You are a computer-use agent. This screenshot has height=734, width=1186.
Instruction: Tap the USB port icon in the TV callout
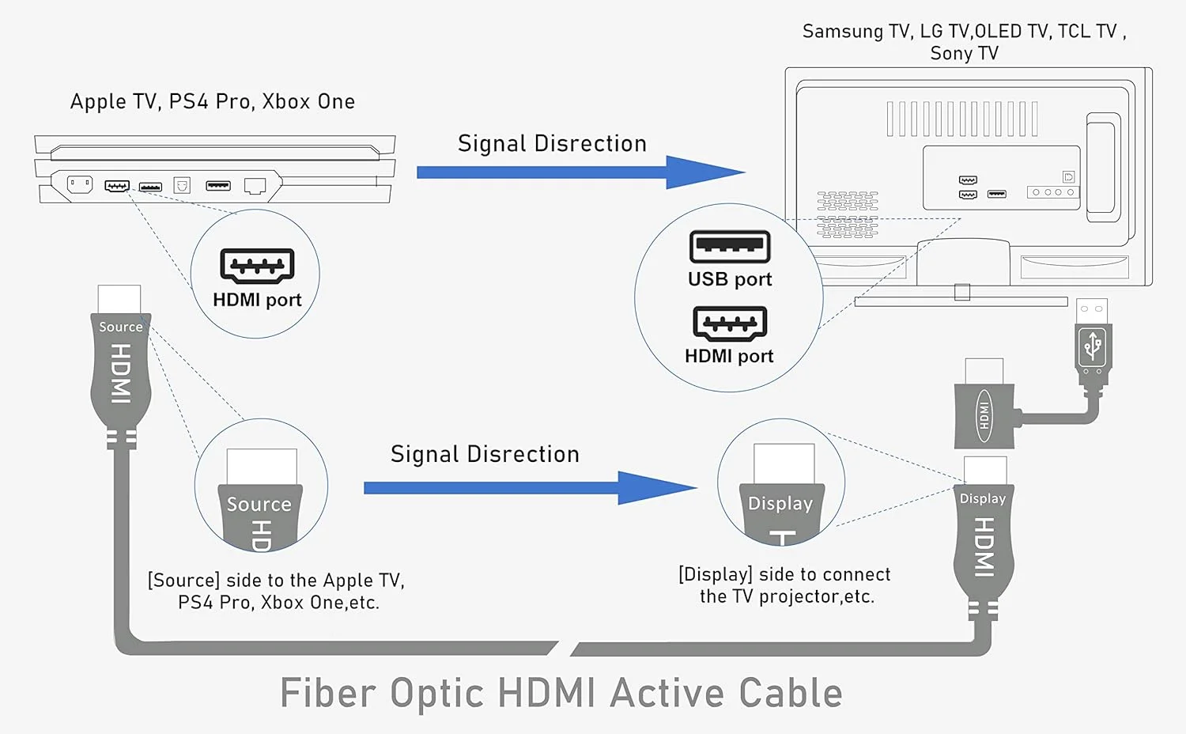pyautogui.click(x=730, y=247)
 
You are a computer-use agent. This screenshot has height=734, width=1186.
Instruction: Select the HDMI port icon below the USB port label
pyautogui.click(x=730, y=323)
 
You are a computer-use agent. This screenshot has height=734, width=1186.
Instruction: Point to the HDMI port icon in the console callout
pyautogui.click(x=257, y=266)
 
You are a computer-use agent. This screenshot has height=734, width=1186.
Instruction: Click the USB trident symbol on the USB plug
pyautogui.click(x=1093, y=346)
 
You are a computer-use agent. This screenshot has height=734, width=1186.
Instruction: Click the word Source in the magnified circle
pyautogui.click(x=259, y=505)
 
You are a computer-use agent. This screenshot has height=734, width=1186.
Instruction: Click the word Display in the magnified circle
pyautogui.click(x=780, y=504)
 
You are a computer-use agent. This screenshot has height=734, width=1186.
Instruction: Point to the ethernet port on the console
pyautogui.click(x=255, y=186)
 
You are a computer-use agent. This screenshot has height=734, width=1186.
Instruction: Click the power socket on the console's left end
pyautogui.click(x=79, y=184)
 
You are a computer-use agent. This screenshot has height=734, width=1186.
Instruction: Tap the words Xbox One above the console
pyautogui.click(x=308, y=102)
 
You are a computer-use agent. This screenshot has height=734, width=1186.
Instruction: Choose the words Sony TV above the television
pyautogui.click(x=964, y=54)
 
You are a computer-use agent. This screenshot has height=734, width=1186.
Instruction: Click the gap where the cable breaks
pyautogui.click(x=565, y=649)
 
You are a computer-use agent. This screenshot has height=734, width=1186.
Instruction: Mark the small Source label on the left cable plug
pyautogui.click(x=120, y=327)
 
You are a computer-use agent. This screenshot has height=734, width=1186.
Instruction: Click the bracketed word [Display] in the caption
pyautogui.click(x=716, y=574)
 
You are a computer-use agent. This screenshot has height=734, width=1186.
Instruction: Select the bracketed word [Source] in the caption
pyautogui.click(x=183, y=581)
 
